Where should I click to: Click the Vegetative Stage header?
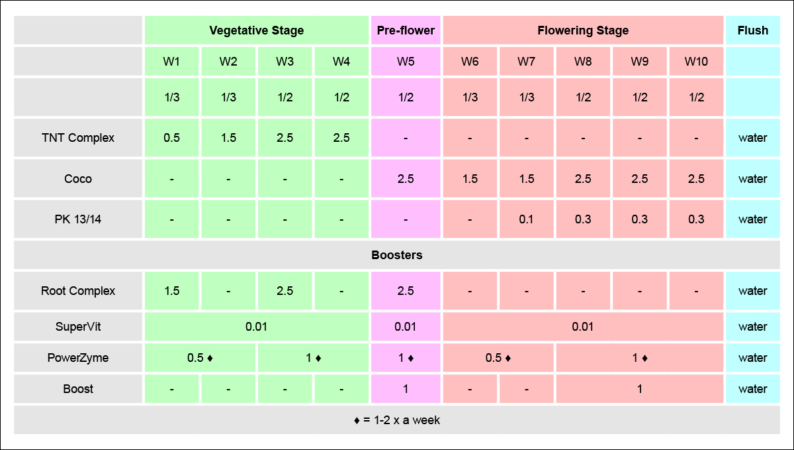[x=256, y=30]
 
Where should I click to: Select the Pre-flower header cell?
[x=406, y=30]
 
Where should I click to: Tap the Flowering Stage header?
[x=583, y=30]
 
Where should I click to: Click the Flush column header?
[x=752, y=30]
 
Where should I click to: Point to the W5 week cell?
[x=406, y=62]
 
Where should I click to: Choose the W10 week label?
[x=696, y=62]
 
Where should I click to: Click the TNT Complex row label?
[x=78, y=138]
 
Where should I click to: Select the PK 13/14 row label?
[x=78, y=219]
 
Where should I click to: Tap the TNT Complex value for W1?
[x=172, y=138]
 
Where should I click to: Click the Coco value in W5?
[x=406, y=179]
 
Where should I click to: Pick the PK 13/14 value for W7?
[x=527, y=219]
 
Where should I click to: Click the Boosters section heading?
[x=396, y=255]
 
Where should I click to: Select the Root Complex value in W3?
[x=285, y=291]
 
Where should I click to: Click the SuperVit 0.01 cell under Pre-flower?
[x=406, y=327]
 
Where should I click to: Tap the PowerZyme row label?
[x=78, y=358]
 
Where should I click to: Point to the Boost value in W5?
[x=406, y=389]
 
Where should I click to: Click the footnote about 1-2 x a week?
[x=396, y=420]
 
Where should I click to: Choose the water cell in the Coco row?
[x=752, y=179]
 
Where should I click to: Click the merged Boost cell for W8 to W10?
[x=639, y=389]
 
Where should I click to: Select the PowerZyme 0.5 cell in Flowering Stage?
[x=498, y=358]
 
